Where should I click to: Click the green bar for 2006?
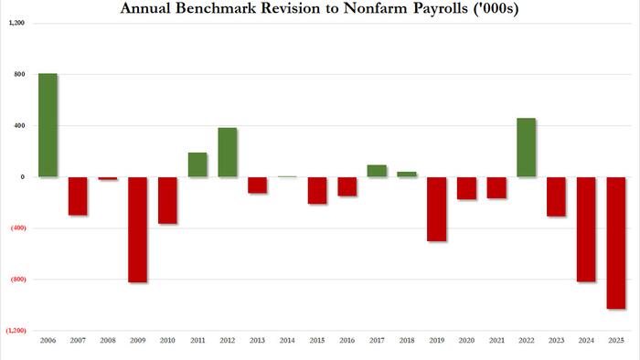point(48,125)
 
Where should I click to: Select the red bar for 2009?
point(138,229)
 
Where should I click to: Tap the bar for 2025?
point(615,243)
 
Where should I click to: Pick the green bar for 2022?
point(526,147)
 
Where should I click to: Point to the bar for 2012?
point(228,153)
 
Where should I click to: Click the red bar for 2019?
point(436,209)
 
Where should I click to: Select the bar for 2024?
point(585,229)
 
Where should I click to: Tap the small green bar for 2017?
point(377,171)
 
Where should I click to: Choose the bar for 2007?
point(78,196)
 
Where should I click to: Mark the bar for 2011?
point(197,164)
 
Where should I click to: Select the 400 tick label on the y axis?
point(19,126)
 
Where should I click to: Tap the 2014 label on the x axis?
point(287,341)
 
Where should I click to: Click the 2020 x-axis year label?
point(466,341)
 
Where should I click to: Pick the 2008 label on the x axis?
point(108,341)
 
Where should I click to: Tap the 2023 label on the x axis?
point(556,341)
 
